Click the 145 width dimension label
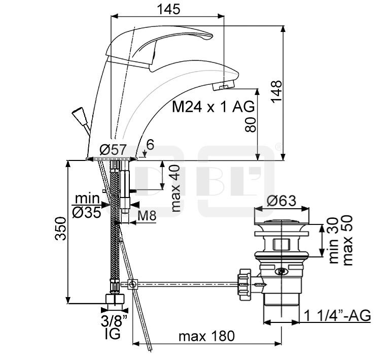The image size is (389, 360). (168, 10)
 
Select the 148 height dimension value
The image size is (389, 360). (276, 91)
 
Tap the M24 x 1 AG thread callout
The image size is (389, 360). (214, 107)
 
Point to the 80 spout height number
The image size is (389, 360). (250, 125)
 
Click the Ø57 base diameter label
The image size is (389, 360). (113, 150)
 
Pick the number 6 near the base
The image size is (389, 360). (150, 145)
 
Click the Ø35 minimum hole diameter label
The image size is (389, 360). (87, 212)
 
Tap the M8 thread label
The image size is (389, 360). (147, 216)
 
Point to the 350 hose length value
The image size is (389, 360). (61, 228)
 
